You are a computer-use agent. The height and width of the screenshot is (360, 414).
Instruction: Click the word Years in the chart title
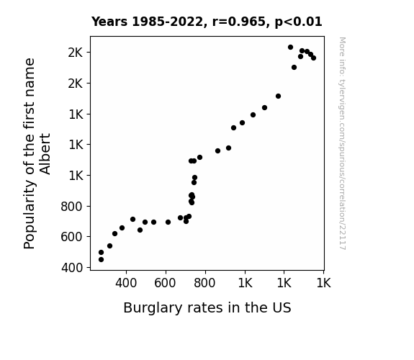pos(109,22)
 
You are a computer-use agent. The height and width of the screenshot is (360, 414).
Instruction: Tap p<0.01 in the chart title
pos(298,22)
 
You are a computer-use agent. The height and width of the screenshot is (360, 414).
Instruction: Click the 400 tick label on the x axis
pos(126,283)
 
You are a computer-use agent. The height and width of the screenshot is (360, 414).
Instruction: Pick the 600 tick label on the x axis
pos(165,283)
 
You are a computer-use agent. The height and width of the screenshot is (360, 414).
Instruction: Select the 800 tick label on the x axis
pos(204,283)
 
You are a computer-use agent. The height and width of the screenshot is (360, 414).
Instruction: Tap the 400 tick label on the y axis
pos(72,268)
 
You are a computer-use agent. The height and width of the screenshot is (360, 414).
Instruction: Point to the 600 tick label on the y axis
pos(72,237)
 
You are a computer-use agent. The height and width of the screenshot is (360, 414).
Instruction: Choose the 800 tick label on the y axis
pos(72,207)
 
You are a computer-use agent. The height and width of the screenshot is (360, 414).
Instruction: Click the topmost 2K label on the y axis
pos(76,53)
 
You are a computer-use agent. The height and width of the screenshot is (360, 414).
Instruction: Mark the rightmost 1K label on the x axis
pos(323,283)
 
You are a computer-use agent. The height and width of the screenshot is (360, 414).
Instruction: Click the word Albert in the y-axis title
pos(45,154)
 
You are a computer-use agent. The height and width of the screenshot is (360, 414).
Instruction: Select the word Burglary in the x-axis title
pos(153,308)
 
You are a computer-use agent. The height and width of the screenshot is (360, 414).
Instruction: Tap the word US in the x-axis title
pos(282,307)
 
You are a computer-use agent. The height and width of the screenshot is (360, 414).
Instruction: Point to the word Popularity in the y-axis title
pos(30,215)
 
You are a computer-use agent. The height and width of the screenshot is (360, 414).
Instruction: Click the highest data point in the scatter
pos(290,48)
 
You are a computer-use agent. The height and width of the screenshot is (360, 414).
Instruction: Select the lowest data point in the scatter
pos(101,260)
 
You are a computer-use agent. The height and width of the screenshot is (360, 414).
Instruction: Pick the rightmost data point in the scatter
pos(313,58)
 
